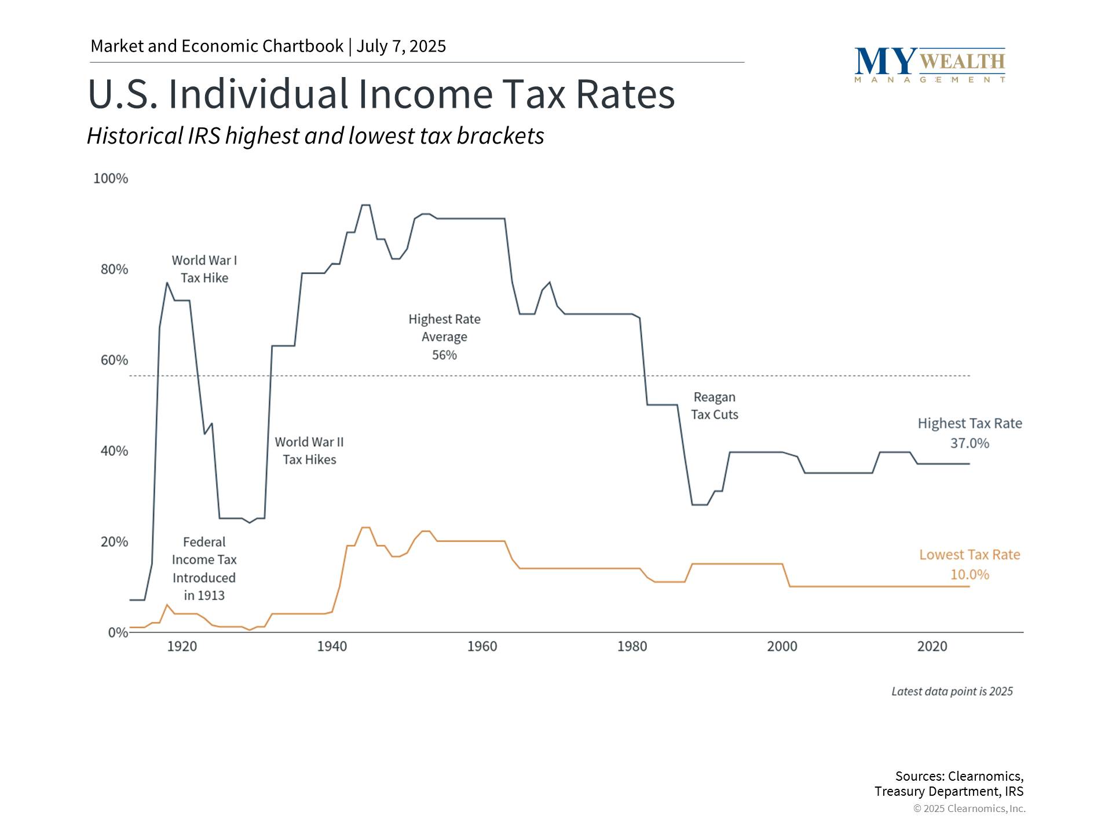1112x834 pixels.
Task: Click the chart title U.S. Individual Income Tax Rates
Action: click(x=381, y=94)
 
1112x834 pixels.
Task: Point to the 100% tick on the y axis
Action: click(x=111, y=178)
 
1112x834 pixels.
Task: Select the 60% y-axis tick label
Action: click(x=114, y=360)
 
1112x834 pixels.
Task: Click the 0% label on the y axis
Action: click(x=118, y=632)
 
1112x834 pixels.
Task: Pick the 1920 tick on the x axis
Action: click(x=182, y=646)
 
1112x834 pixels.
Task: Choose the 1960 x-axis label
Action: click(x=482, y=646)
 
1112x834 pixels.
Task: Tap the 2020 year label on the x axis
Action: click(x=932, y=646)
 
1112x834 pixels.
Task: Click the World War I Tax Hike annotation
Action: click(x=204, y=269)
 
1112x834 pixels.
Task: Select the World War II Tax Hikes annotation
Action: click(x=309, y=451)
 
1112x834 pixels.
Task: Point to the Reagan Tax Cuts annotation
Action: click(x=714, y=406)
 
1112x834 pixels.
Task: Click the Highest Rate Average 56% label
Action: click(x=444, y=336)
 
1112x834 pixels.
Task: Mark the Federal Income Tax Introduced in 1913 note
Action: click(x=204, y=569)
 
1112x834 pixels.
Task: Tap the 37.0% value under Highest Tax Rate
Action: click(x=970, y=444)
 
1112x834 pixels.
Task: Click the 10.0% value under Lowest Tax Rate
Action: click(x=970, y=575)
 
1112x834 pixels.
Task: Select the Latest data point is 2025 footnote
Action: click(x=952, y=692)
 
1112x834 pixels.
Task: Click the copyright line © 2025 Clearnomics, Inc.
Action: click(x=969, y=809)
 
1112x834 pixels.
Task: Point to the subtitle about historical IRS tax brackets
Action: click(x=316, y=136)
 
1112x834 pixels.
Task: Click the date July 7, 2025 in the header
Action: click(x=401, y=46)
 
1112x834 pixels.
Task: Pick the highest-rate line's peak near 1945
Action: click(x=366, y=205)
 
